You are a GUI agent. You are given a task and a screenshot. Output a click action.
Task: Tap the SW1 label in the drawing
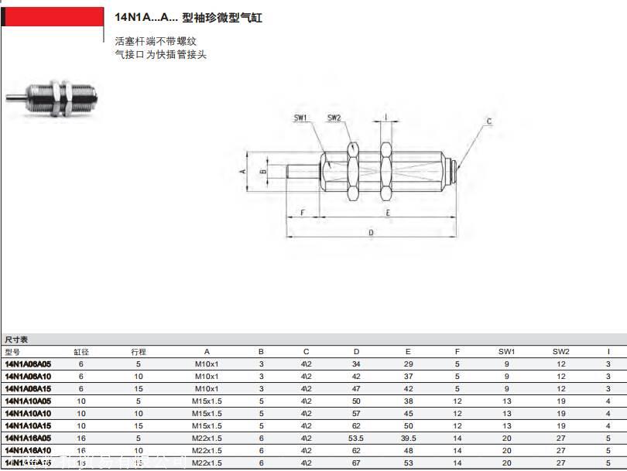[301, 118]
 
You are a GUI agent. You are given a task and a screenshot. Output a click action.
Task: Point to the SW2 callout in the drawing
[334, 118]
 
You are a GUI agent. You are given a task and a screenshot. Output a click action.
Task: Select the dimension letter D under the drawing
[371, 231]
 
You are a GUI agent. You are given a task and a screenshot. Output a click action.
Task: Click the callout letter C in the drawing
[488, 121]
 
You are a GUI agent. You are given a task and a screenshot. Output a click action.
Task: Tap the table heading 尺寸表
[16, 340]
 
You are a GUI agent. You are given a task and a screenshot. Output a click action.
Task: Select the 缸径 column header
[81, 351]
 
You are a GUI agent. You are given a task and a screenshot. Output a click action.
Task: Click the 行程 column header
[139, 351]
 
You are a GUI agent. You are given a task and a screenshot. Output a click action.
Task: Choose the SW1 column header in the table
[507, 351]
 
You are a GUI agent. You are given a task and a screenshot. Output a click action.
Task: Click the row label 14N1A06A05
[28, 363]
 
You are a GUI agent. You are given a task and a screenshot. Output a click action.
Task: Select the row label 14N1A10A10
[28, 413]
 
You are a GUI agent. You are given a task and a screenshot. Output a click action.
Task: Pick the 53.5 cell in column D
[356, 438]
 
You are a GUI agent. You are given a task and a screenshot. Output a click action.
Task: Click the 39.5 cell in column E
[408, 438]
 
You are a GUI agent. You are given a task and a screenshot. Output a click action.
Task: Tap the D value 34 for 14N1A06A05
[356, 363]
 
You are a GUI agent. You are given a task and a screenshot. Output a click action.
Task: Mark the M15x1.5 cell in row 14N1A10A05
[207, 401]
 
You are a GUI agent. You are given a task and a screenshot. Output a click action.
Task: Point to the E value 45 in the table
[408, 413]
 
